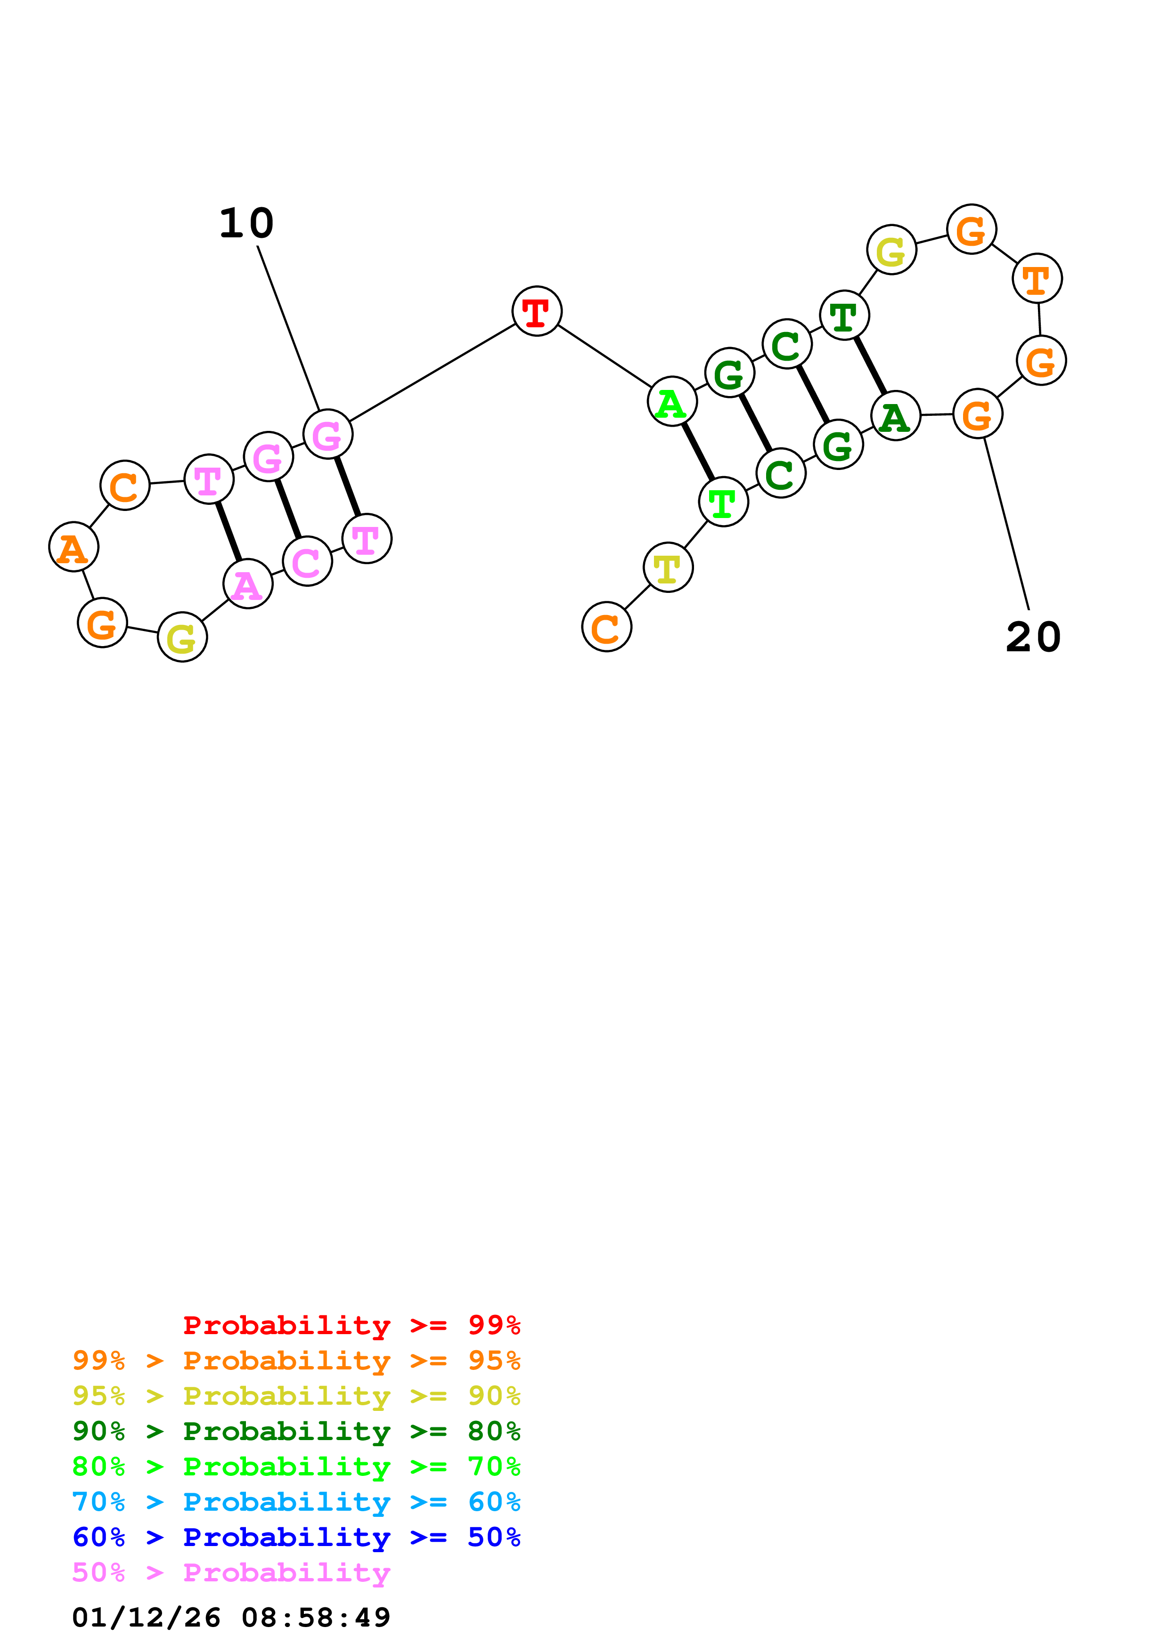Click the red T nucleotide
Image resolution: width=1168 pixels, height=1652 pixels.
point(536,312)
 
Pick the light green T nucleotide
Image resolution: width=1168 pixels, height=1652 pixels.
point(723,502)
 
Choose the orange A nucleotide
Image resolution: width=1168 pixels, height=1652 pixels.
point(74,548)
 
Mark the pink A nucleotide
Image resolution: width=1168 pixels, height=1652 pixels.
point(247,584)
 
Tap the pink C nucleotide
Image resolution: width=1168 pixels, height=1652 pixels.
point(307,561)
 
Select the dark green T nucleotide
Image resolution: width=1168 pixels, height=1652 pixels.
point(844,316)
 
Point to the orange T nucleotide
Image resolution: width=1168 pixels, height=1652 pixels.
point(1037,279)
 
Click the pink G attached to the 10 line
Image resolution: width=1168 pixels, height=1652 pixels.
point(327,435)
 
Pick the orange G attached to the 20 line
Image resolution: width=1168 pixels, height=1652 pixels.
point(977,414)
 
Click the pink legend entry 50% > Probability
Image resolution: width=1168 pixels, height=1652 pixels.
point(231,1573)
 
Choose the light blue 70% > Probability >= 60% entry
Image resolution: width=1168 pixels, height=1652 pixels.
point(296,1502)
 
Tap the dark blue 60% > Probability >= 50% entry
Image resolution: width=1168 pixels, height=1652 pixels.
point(296,1538)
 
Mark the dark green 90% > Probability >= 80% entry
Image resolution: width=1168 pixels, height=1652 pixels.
point(296,1432)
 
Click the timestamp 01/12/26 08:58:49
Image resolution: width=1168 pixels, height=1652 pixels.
point(231,1618)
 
